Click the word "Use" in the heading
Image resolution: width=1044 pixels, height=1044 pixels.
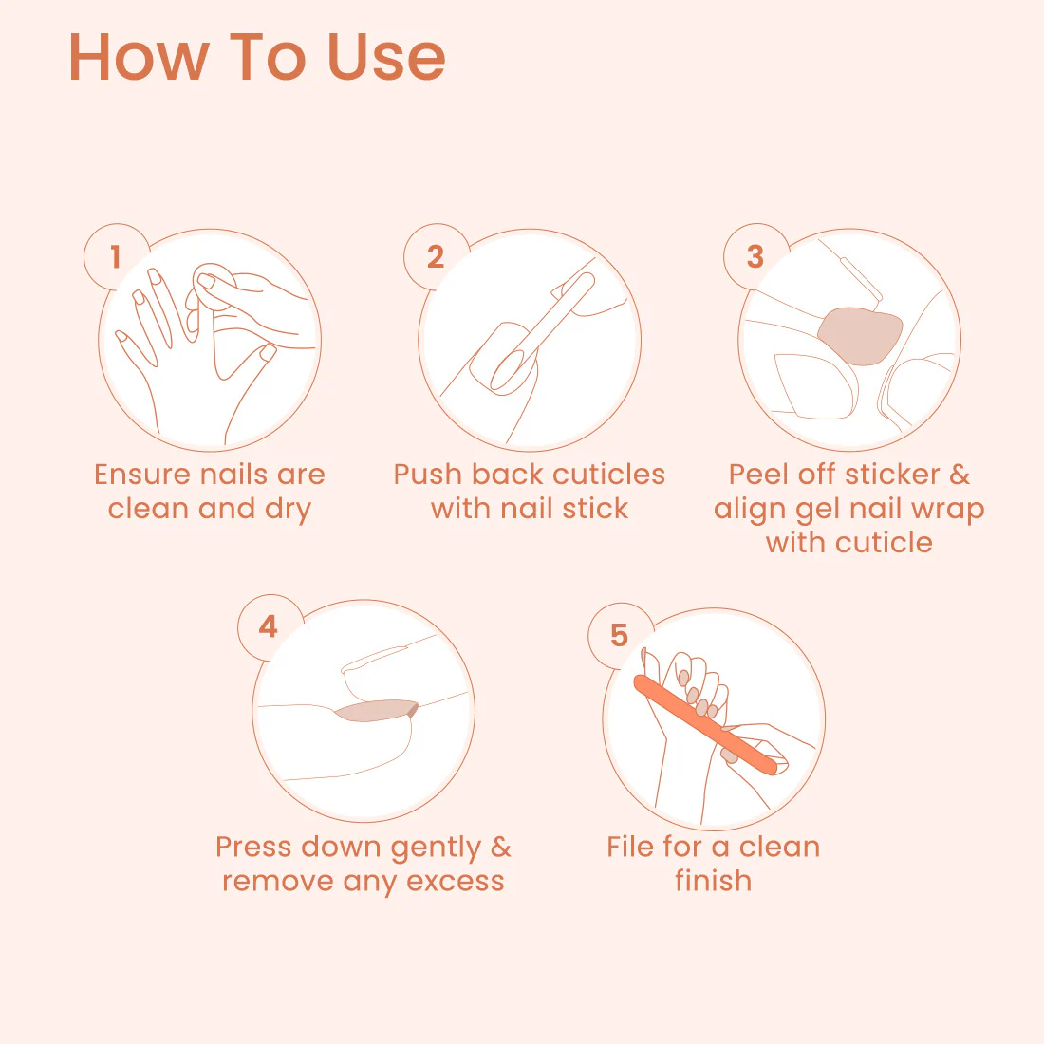click(x=386, y=57)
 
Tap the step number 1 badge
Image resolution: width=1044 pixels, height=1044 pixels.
click(x=116, y=256)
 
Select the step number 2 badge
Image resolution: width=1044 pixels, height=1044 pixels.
click(x=436, y=256)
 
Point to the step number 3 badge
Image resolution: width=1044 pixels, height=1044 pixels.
click(x=755, y=256)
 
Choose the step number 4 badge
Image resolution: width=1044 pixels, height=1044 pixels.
click(x=269, y=626)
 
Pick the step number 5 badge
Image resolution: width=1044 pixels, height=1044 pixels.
click(x=619, y=635)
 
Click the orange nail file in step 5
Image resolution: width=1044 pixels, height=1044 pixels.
click(x=706, y=725)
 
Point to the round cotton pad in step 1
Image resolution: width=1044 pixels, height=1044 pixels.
click(x=213, y=287)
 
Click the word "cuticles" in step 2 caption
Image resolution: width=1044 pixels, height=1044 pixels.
click(x=608, y=475)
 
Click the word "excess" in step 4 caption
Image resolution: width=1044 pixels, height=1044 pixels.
click(x=456, y=882)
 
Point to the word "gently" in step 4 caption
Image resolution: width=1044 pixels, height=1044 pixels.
click(x=436, y=848)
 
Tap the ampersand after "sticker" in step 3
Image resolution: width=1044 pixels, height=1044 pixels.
click(x=960, y=475)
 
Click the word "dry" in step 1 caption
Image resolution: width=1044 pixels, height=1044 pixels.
click(x=288, y=510)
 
